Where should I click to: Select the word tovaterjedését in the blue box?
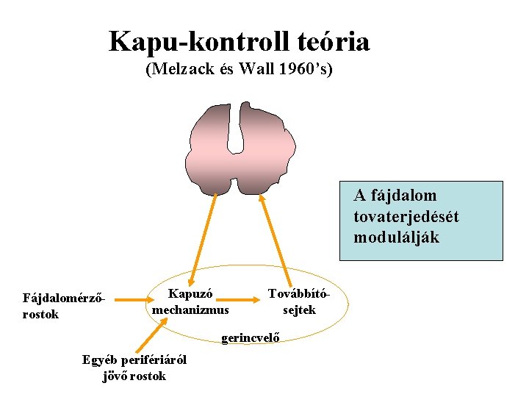406,217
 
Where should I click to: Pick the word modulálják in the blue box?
396,237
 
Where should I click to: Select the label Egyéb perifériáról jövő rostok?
134,368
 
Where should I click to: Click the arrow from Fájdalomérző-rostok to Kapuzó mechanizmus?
132,300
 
